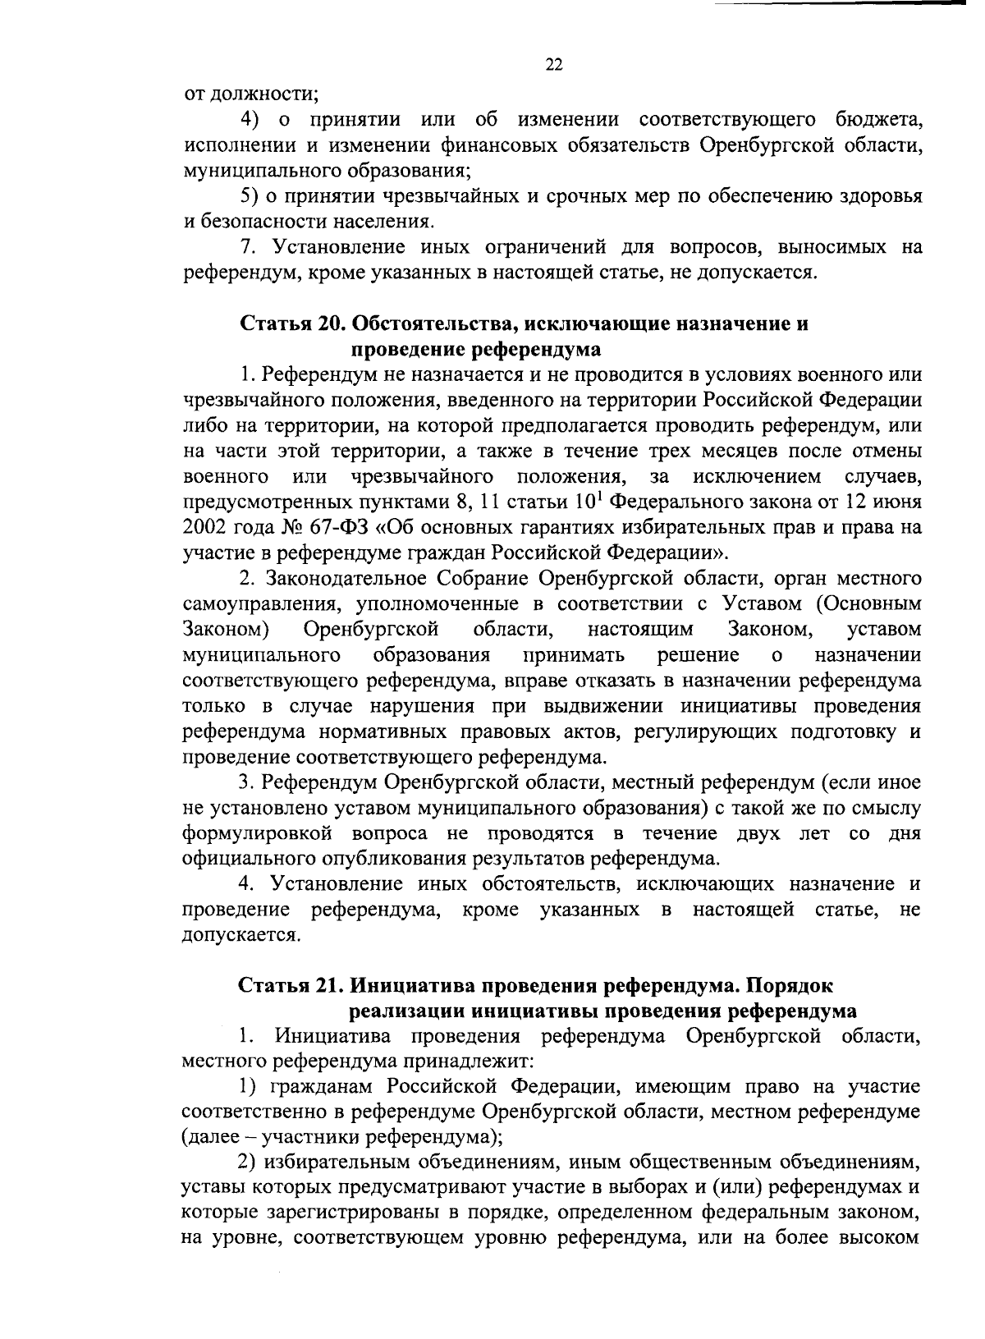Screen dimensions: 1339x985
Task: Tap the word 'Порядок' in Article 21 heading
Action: coord(794,984)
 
